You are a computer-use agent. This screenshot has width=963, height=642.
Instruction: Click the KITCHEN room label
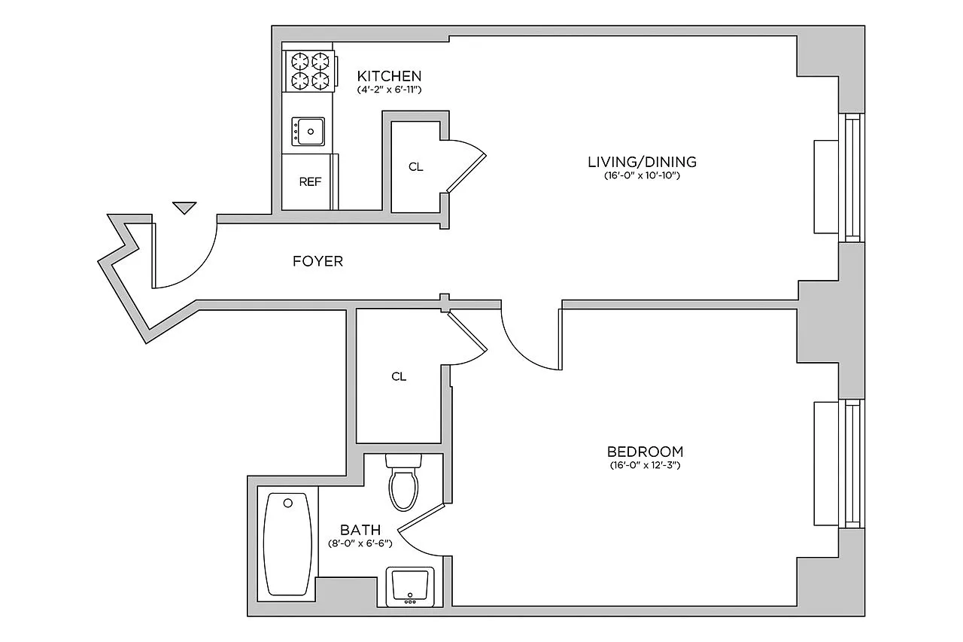389,76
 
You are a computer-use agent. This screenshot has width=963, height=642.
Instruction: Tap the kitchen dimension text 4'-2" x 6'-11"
389,90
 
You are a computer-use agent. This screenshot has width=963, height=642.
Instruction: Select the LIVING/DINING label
642,162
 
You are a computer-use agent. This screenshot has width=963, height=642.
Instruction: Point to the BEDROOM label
645,452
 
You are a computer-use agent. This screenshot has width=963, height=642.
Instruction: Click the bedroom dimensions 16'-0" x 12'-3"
645,465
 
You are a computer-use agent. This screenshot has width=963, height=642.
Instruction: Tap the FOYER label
317,261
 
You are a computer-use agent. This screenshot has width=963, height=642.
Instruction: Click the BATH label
360,529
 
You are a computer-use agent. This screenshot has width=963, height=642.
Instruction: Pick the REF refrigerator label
310,182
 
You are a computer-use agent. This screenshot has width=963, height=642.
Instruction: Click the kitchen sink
308,132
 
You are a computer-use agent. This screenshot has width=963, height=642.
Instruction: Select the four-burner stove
309,72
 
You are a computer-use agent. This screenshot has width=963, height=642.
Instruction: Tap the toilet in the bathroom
403,482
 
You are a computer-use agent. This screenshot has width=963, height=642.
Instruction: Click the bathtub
287,544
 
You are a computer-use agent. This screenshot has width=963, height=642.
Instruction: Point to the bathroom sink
410,586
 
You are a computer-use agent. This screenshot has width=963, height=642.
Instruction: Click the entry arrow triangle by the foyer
184,208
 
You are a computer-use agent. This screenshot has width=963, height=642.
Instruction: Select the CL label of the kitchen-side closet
416,167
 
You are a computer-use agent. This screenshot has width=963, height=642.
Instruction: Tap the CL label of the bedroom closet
399,376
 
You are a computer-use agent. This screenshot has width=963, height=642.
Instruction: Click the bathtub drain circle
288,503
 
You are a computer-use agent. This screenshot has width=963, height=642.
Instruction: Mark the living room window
852,178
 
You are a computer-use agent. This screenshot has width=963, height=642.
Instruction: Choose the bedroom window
852,464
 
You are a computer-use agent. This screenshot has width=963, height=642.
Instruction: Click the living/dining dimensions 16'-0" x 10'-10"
642,175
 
